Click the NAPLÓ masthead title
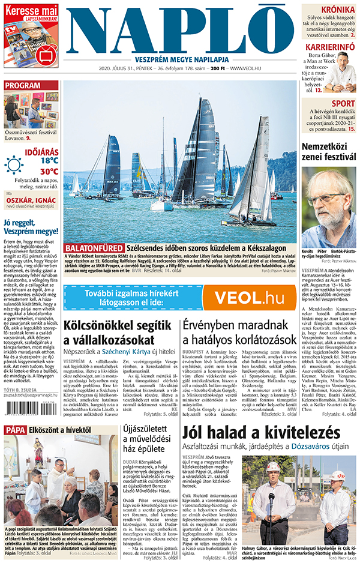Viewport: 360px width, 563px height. coord(180,30)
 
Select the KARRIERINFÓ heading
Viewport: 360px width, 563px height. coord(331,47)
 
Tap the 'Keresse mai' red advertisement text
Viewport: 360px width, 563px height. coord(31,10)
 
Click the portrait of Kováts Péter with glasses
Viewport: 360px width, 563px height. coord(329,209)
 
